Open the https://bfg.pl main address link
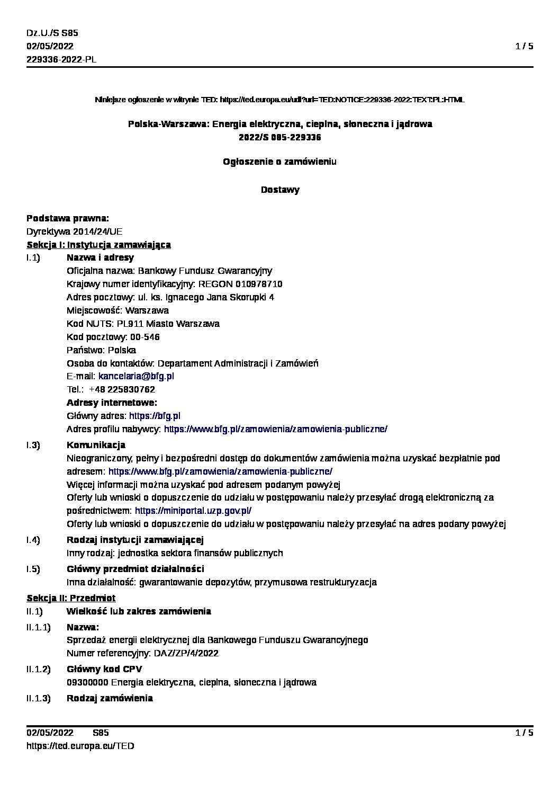pyautogui.click(x=155, y=416)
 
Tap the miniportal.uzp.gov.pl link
pyautogui.click(x=193, y=511)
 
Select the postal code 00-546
pyautogui.click(x=144, y=337)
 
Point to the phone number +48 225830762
pyautogui.click(x=122, y=389)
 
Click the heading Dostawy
pyautogui.click(x=280, y=190)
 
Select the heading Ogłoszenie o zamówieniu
pyautogui.click(x=280, y=161)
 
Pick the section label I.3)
pyautogui.click(x=33, y=445)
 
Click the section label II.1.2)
pyautogui.click(x=39, y=669)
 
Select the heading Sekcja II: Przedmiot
pyautogui.click(x=71, y=598)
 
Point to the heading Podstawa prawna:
pyautogui.click(x=68, y=218)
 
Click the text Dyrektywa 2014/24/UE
pyautogui.click(x=75, y=231)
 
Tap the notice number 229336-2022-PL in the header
pyautogui.click(x=61, y=59)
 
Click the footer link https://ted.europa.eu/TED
pyautogui.click(x=80, y=746)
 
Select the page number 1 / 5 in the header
pyautogui.click(x=524, y=46)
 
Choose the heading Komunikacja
pyautogui.click(x=96, y=445)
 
